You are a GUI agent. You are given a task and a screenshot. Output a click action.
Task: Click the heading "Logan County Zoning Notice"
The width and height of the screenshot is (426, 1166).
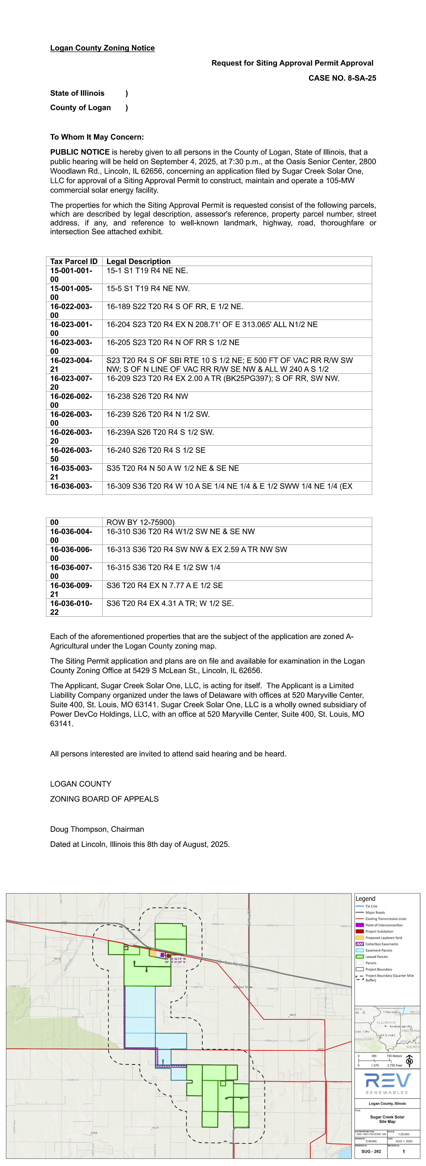[102, 48]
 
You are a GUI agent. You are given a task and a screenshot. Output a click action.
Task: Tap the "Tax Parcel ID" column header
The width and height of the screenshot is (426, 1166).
[74, 261]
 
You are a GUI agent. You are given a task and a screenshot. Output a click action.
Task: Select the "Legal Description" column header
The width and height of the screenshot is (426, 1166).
[138, 261]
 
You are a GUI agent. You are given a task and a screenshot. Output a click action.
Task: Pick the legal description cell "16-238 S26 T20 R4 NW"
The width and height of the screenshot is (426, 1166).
[147, 396]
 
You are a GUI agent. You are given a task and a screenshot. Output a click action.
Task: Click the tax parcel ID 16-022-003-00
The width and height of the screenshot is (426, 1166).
[71, 311]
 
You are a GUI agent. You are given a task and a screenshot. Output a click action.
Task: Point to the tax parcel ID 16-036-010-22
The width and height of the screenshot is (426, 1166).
[71, 608]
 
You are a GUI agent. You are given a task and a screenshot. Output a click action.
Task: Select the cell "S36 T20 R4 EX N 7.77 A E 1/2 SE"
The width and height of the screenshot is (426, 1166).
[165, 586]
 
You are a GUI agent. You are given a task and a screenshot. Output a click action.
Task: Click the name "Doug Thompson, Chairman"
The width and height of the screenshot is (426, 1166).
[97, 829]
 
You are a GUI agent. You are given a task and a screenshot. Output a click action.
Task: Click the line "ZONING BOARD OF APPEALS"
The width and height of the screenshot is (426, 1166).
[104, 799]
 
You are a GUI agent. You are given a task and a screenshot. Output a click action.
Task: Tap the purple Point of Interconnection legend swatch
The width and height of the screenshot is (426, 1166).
[360, 925]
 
